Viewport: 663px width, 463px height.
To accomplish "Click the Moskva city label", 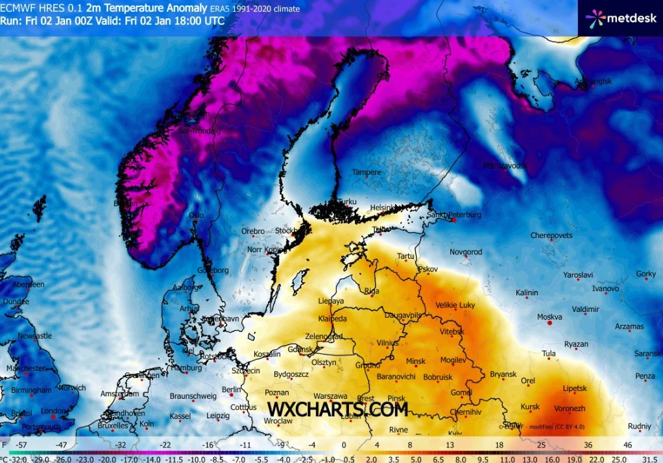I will [x=549, y=317].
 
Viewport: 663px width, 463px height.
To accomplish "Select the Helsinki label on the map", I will [x=382, y=208].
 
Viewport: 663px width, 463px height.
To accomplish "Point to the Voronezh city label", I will [x=571, y=409].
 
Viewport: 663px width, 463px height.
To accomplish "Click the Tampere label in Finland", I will [x=367, y=172].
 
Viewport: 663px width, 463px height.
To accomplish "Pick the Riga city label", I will [x=372, y=291].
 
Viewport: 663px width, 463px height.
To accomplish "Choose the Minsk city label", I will [x=415, y=361].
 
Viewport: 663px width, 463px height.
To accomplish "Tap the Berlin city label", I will [x=232, y=390].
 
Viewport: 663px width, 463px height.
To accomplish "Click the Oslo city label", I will [x=196, y=215].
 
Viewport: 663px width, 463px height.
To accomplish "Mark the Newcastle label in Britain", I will [x=34, y=336].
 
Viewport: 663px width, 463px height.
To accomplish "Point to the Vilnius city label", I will [x=387, y=343].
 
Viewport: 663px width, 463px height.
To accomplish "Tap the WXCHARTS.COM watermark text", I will [x=337, y=409].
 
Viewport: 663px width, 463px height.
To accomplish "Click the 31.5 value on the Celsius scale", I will [x=649, y=458].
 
